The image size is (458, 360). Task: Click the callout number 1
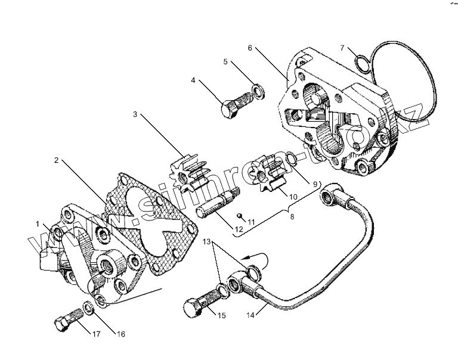coord(37,224)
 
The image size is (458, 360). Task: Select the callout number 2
coord(55,160)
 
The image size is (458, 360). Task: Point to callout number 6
coord(250,48)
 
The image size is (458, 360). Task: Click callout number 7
coord(342,47)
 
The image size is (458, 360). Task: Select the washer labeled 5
coord(258,91)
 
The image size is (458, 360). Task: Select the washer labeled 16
coord(88,307)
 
